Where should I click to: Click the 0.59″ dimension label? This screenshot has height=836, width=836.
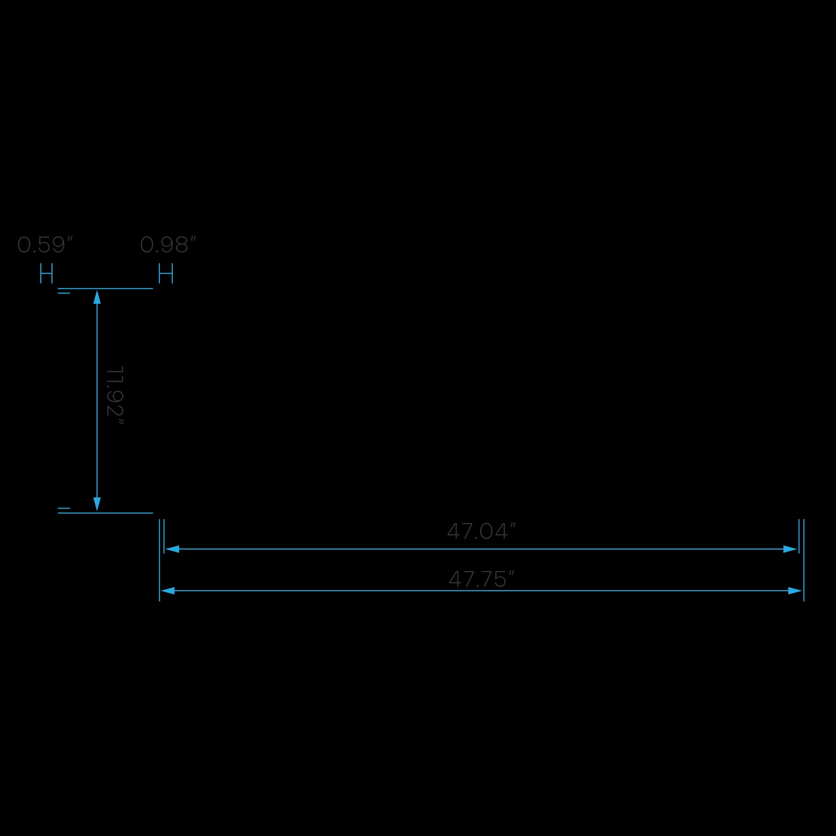[x=45, y=245]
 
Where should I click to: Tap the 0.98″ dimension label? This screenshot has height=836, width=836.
[x=168, y=245]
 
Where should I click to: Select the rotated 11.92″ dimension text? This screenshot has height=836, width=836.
[x=115, y=395]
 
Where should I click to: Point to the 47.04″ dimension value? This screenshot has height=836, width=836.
[x=481, y=531]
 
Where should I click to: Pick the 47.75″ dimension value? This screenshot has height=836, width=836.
[x=481, y=579]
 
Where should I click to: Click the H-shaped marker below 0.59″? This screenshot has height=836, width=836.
[x=46, y=273]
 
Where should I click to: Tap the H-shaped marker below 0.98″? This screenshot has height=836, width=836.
[x=166, y=273]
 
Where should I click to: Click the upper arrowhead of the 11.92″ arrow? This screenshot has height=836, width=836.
[x=97, y=297]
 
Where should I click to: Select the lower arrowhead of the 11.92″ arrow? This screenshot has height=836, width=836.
[x=97, y=504]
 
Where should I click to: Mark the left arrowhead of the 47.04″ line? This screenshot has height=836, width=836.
[x=172, y=549]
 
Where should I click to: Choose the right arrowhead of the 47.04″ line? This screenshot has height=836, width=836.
[x=790, y=549]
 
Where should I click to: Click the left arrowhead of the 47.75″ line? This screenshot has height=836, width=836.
[x=168, y=591]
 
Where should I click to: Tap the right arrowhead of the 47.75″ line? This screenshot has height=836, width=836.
[x=795, y=591]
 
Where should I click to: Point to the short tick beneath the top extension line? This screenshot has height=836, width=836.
[x=64, y=293]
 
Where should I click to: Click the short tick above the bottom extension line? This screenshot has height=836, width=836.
[x=64, y=508]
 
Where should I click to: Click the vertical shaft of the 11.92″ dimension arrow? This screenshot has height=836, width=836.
[x=97, y=399]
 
